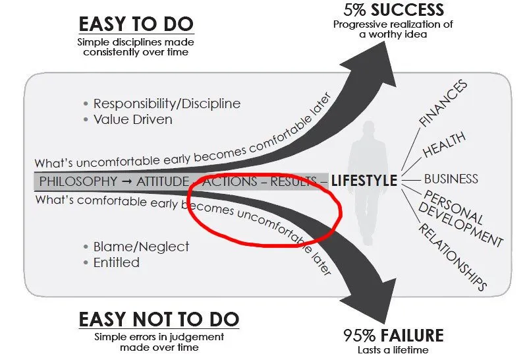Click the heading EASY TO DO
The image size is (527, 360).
(x=136, y=24)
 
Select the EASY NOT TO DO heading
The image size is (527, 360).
(x=159, y=319)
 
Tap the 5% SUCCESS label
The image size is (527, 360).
(x=393, y=9)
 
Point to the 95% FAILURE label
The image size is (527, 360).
(x=393, y=336)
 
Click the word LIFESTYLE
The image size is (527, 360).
(x=364, y=181)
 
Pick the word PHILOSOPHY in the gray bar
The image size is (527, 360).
(x=78, y=181)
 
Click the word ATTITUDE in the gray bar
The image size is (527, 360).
(x=163, y=181)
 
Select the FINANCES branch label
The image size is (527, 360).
(x=443, y=104)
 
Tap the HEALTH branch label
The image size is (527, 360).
(x=444, y=144)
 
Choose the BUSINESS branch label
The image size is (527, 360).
(x=451, y=179)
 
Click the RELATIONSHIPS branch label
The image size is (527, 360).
(x=453, y=257)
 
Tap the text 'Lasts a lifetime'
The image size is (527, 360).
(x=393, y=350)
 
